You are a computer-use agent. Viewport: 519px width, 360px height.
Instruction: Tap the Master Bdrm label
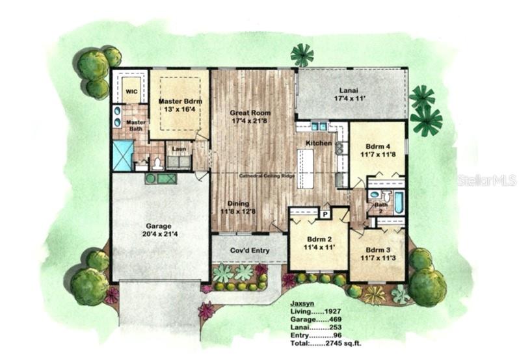(x=180, y=102)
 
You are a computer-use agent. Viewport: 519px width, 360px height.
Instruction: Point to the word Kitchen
(x=319, y=143)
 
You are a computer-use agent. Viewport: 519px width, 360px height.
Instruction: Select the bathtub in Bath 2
(x=398, y=202)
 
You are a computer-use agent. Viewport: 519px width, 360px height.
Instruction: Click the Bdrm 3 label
(x=378, y=250)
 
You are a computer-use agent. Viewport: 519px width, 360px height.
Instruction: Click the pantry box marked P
(x=324, y=212)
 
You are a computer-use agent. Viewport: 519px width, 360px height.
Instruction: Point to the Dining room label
(x=239, y=203)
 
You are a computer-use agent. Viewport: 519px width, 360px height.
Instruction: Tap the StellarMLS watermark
(x=486, y=179)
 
